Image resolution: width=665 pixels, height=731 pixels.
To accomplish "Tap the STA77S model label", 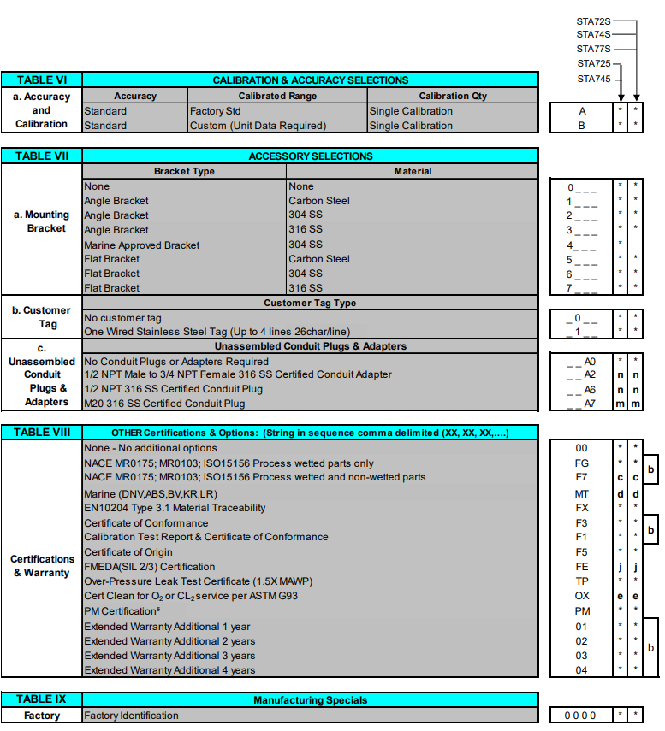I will pos(594,49).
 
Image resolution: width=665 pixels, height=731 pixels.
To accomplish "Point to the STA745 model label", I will pos(594,79).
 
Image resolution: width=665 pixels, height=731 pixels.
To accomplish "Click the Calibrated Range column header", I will pos(277,96).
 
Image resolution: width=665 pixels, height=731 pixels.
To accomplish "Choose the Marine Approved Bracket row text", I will pos(142,245).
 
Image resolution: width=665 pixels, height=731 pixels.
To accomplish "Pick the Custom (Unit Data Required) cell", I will pos(258,126).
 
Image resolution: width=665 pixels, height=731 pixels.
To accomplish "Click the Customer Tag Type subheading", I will pos(310,303).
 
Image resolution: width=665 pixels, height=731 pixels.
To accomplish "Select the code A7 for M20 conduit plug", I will pos(590,404).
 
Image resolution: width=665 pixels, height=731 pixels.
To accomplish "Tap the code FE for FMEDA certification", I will pos(581,567).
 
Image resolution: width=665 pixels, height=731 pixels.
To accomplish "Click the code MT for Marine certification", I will pos(581,493).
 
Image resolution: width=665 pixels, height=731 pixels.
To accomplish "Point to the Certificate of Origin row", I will pos(128,552).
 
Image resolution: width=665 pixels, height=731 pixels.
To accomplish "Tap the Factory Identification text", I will pos(132,715).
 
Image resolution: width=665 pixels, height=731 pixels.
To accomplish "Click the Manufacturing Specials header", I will pos(310,699).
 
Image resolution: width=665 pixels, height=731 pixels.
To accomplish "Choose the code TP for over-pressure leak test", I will pos(581,581).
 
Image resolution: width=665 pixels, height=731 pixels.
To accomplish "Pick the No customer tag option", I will pos(123,317).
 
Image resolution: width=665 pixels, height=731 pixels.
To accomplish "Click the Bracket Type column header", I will pos(184,171).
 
